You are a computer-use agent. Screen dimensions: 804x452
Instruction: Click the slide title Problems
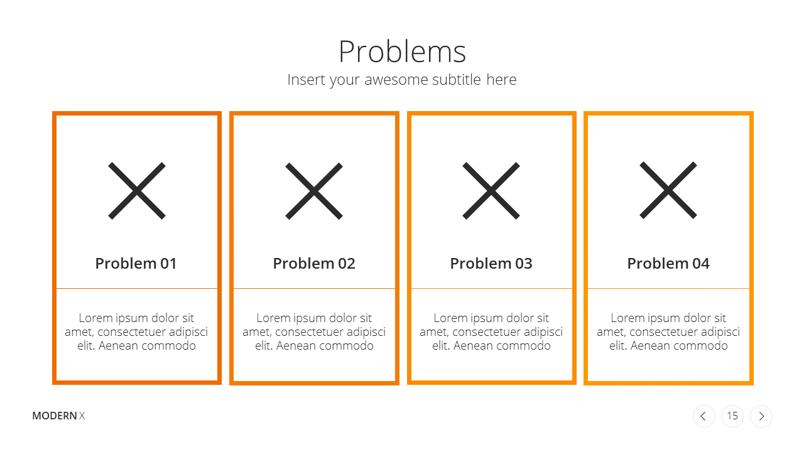pos(402,51)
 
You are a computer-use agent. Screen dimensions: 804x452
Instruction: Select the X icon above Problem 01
pos(137,190)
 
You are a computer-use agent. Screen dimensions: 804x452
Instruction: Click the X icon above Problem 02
pos(314,191)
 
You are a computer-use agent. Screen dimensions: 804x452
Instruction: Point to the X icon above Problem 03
pos(491,190)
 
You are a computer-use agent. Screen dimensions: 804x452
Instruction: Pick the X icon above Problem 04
pos(668,190)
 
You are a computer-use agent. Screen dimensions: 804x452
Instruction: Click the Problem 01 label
pos(136,264)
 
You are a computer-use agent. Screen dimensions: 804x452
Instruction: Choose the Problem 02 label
pos(314,264)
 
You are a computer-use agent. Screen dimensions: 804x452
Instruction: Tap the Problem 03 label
pos(491,264)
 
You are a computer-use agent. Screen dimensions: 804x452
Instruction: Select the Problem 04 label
pos(668,264)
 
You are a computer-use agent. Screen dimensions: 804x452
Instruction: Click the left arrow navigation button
pos(704,416)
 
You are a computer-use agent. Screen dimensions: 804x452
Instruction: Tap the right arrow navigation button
pos(761,416)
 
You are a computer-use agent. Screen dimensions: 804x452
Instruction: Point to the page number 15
pos(732,416)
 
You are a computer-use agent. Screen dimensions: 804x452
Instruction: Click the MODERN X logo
pos(58,416)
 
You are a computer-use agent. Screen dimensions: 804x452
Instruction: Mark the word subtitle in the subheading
pos(457,80)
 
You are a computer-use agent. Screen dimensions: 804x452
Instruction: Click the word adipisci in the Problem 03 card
pos(543,333)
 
